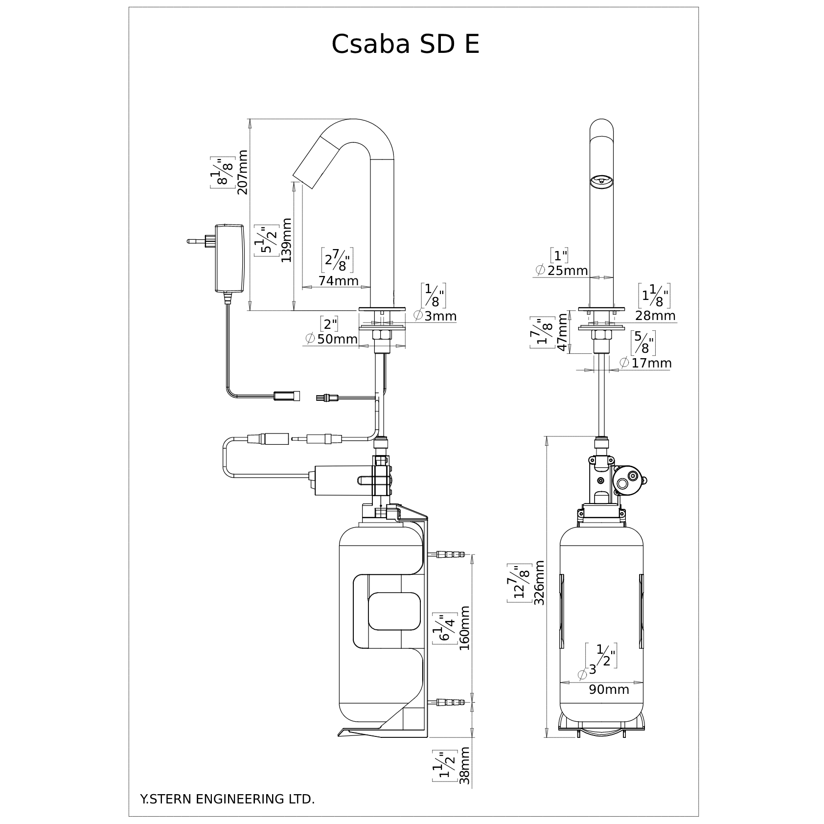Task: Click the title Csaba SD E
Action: (x=405, y=45)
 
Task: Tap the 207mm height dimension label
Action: (x=242, y=172)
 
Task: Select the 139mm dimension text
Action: (x=286, y=240)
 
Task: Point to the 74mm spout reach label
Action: (x=338, y=281)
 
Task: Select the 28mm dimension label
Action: (x=656, y=316)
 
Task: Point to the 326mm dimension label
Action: (x=539, y=583)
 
